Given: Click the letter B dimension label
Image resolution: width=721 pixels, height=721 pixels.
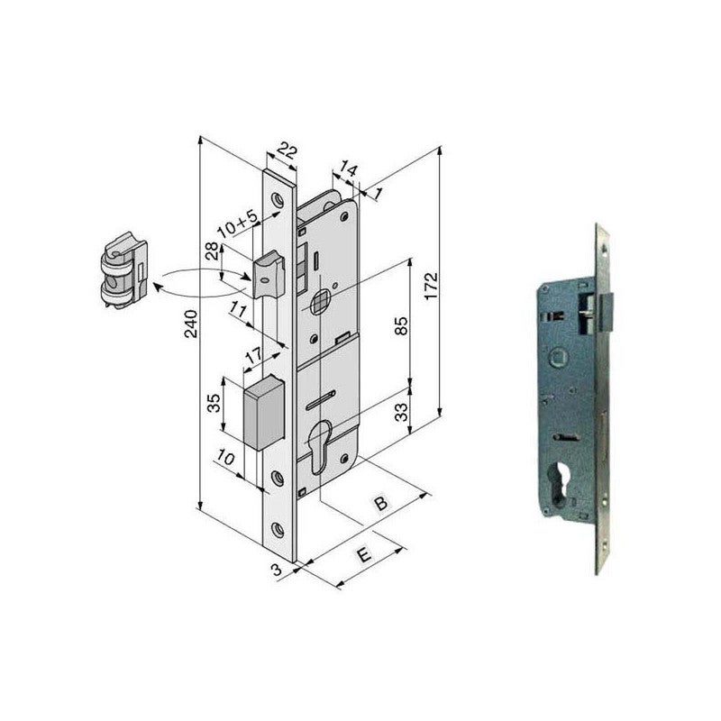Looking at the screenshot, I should [381, 504].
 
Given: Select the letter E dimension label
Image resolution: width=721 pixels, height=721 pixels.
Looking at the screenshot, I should [364, 556].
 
